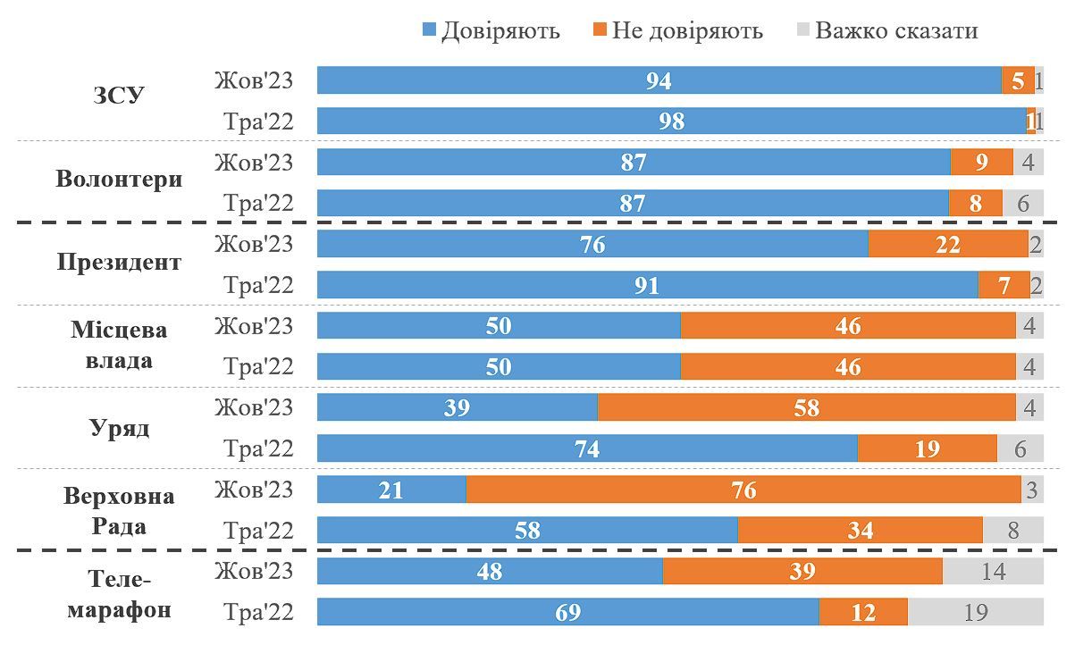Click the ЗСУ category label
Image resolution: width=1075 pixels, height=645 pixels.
(x=118, y=96)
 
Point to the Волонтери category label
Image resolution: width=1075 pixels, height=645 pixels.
(x=118, y=178)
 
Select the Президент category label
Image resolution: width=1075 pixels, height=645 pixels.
(x=118, y=262)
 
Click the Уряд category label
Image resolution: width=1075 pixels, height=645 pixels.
(x=118, y=427)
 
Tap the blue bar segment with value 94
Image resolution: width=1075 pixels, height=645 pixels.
(x=659, y=80)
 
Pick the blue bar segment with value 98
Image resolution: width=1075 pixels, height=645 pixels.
(x=671, y=121)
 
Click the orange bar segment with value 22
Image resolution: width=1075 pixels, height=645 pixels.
(x=948, y=245)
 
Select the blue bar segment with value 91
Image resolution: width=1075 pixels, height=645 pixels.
(x=647, y=286)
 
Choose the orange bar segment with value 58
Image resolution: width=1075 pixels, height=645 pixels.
(x=806, y=408)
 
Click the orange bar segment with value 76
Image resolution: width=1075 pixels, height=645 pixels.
(x=743, y=490)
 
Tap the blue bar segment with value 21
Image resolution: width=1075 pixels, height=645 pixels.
(x=391, y=490)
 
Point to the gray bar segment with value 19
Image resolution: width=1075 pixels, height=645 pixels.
(x=976, y=613)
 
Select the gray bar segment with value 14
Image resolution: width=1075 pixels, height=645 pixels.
(x=993, y=572)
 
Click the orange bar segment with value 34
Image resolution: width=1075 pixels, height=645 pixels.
(x=860, y=531)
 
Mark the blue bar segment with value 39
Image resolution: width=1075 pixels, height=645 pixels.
(x=457, y=408)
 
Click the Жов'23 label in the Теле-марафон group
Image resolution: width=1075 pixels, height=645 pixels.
(x=254, y=570)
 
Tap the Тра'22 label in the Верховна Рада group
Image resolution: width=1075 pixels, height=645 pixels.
(x=258, y=531)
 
